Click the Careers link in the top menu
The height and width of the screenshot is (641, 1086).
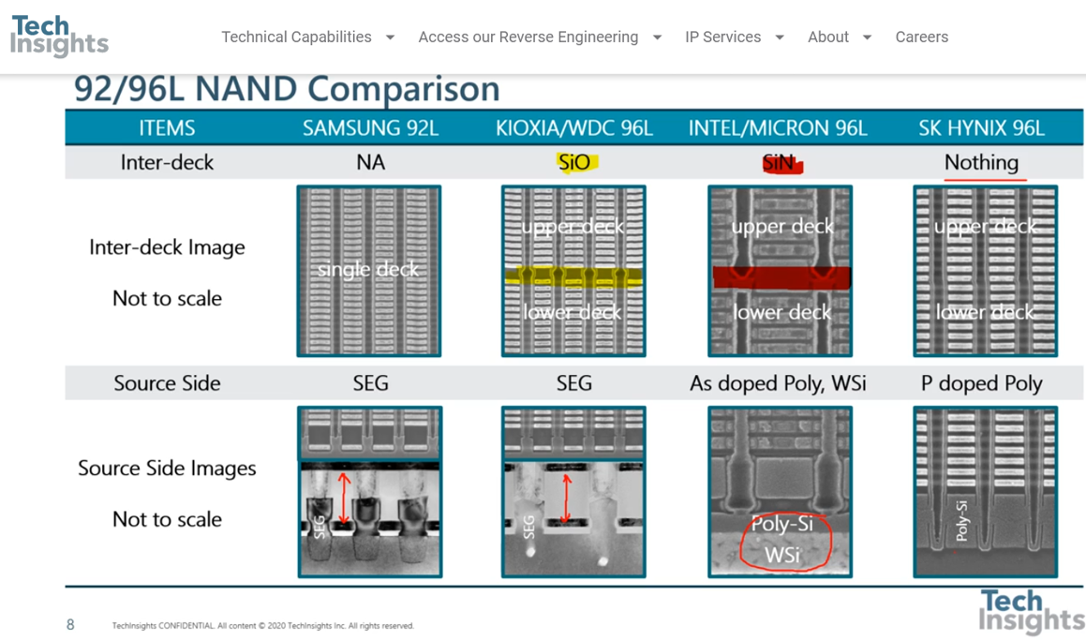(921, 37)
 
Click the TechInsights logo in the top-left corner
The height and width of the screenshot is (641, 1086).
(59, 36)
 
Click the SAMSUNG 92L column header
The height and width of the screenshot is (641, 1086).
(370, 128)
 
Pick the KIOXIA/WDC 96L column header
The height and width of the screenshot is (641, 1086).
(573, 128)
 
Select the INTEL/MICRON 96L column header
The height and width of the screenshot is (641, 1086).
(778, 128)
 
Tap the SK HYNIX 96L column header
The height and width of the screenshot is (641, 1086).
(981, 128)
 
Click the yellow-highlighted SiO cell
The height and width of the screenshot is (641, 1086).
(574, 162)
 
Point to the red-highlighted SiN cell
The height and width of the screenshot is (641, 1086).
(780, 163)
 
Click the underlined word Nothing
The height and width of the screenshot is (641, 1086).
(981, 162)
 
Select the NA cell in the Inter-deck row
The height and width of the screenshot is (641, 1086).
(370, 162)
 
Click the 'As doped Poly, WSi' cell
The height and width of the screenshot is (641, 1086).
(778, 383)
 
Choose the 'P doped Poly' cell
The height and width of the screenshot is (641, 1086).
(981, 383)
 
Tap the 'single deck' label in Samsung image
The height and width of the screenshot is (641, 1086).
(368, 270)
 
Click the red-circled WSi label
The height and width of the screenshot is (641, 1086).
(781, 555)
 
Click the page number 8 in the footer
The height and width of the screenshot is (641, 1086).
(70, 625)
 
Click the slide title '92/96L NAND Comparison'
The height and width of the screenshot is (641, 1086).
(287, 89)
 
